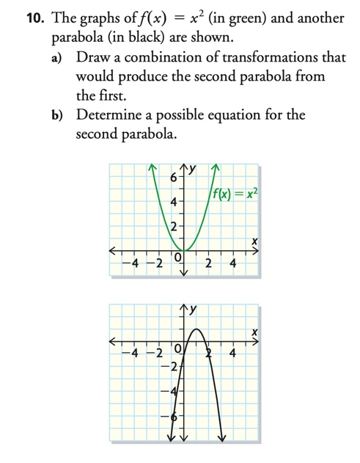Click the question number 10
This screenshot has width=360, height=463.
(15, 18)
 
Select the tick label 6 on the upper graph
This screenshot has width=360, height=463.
(173, 178)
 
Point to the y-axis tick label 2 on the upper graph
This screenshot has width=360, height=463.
(173, 226)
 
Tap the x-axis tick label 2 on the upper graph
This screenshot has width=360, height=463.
(209, 263)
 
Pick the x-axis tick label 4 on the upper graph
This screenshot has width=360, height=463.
(234, 263)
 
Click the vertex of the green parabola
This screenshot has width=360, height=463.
(183, 250)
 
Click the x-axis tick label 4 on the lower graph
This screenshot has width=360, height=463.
(233, 355)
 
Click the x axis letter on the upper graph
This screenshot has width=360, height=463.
(253, 241)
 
